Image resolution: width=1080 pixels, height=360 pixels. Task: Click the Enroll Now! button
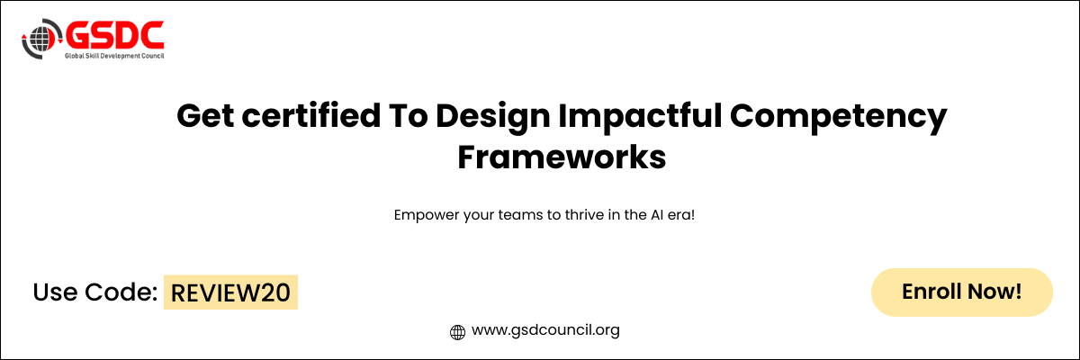click(x=962, y=292)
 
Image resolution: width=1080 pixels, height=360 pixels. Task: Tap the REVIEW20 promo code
click(x=230, y=292)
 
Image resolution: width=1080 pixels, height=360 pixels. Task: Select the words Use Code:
click(x=95, y=292)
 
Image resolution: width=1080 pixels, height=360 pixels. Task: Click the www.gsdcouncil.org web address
click(x=545, y=330)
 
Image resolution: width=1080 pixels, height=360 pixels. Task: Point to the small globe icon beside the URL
click(x=457, y=332)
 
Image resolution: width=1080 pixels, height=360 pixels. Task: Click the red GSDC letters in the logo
click(x=115, y=35)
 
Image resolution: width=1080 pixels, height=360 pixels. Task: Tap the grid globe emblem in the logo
click(x=41, y=39)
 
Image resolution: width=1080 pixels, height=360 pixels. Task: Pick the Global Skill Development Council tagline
click(x=115, y=56)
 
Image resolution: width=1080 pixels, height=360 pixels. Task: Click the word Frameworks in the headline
click(x=562, y=157)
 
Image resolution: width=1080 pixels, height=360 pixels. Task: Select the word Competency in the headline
click(x=839, y=117)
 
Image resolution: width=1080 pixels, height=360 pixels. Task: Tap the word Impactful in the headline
click(x=640, y=116)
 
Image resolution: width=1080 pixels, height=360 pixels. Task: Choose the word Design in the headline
click(x=493, y=117)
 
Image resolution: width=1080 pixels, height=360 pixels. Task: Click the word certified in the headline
click(x=311, y=115)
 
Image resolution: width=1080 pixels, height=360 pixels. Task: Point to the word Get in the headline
click(x=205, y=116)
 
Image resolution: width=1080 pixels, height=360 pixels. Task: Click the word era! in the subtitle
click(x=681, y=215)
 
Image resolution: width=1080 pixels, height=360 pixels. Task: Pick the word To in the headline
click(x=409, y=116)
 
